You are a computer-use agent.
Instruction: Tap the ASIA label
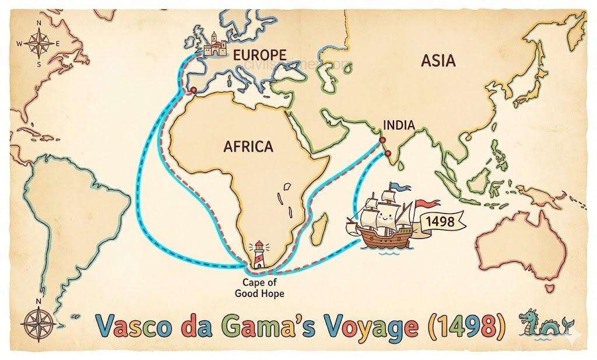pos(437,60)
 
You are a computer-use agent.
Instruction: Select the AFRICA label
pos(248,146)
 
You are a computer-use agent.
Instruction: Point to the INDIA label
pos(399,125)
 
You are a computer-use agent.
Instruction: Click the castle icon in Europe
pos(213,45)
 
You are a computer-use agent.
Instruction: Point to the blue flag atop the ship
pos(399,186)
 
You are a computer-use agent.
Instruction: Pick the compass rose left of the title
pos(39,320)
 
